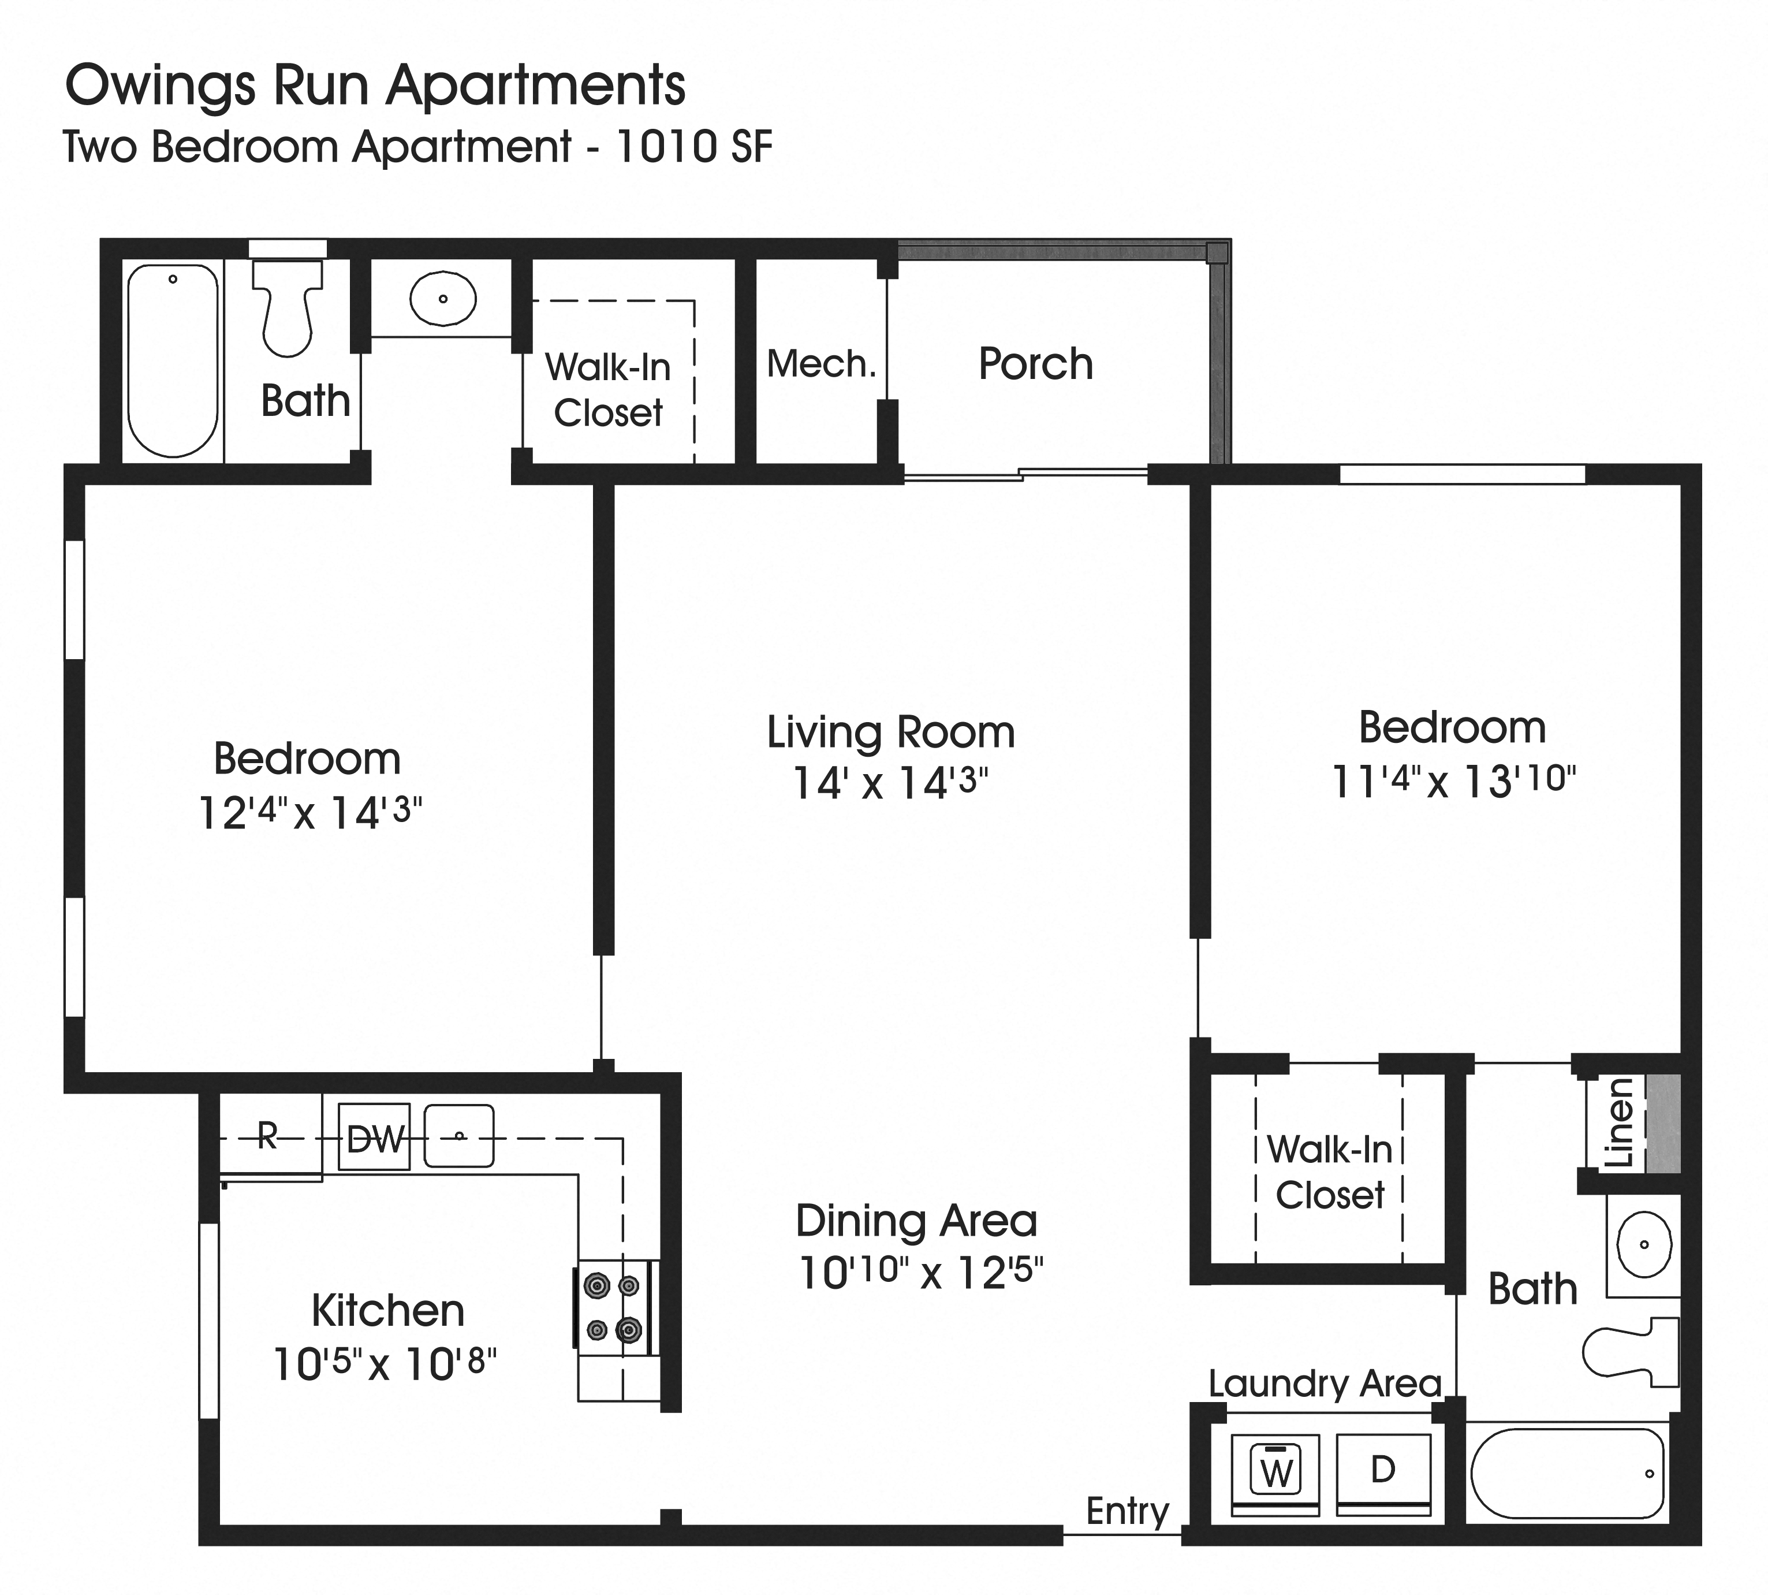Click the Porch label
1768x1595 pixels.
coord(1036,364)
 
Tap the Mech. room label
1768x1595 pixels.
coord(821,364)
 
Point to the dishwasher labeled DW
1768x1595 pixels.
coord(374,1137)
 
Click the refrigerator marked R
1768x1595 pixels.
coord(268,1137)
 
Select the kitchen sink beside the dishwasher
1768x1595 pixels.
coord(459,1137)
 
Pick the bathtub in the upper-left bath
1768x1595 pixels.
coord(173,360)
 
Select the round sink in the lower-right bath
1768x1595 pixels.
coord(1644,1244)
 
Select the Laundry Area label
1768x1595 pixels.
coord(1325,1384)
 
